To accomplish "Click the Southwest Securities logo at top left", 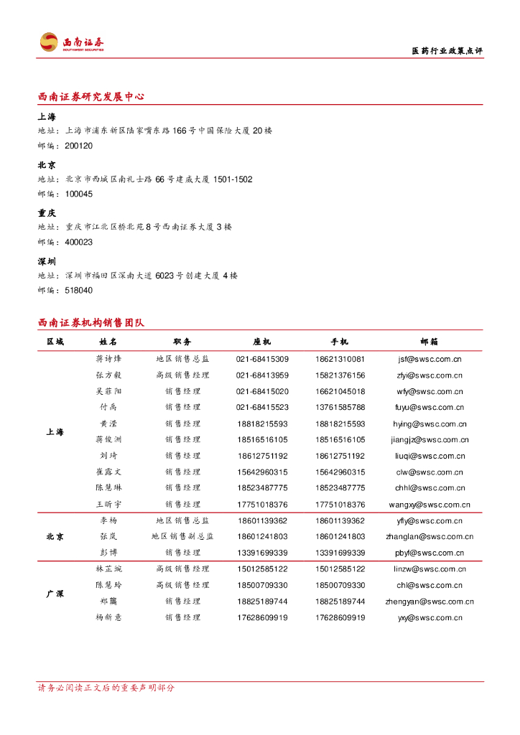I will point(72,43).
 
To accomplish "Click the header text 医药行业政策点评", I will point(447,51).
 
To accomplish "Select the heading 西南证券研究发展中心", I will point(90,97).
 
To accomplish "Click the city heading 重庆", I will point(47,213).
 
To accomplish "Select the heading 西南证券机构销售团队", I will point(90,323).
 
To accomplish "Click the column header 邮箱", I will point(430,342).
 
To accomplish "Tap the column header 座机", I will point(262,342).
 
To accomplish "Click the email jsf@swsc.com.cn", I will point(430,359).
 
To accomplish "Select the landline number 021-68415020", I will point(262,391).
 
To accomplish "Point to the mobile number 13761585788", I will point(340,408).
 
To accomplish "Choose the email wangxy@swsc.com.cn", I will point(430,505).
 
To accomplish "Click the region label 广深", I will point(55,594).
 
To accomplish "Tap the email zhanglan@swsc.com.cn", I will point(430,536).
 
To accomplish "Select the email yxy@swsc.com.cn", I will point(430,617).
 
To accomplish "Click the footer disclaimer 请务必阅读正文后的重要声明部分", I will point(106,688).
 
